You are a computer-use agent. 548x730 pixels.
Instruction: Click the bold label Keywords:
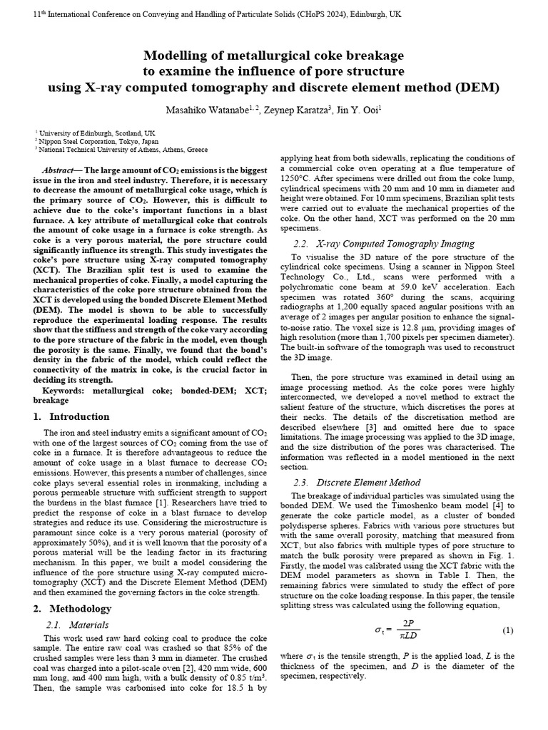pos(65,391)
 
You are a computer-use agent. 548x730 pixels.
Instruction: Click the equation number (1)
pos(507,630)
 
